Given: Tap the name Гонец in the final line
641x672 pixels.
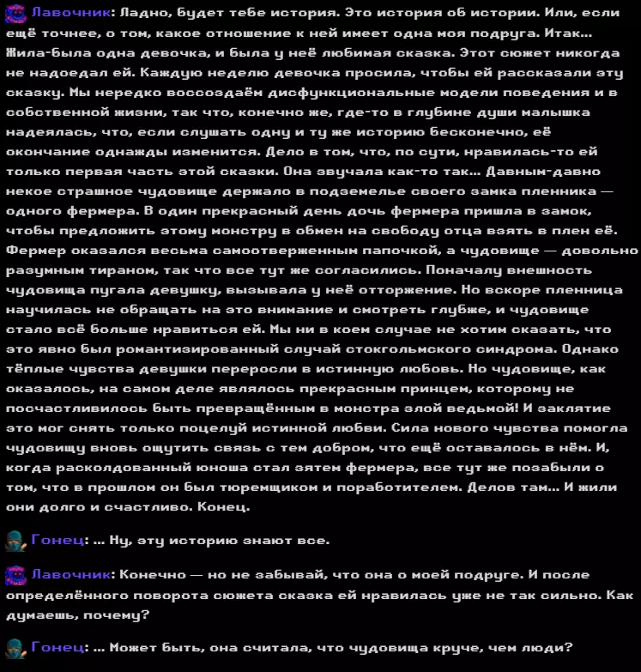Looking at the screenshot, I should pyautogui.click(x=57, y=648).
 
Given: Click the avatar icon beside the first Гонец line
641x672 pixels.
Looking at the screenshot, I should pyautogui.click(x=15, y=541).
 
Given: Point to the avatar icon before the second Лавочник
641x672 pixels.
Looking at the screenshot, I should pyautogui.click(x=15, y=575).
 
